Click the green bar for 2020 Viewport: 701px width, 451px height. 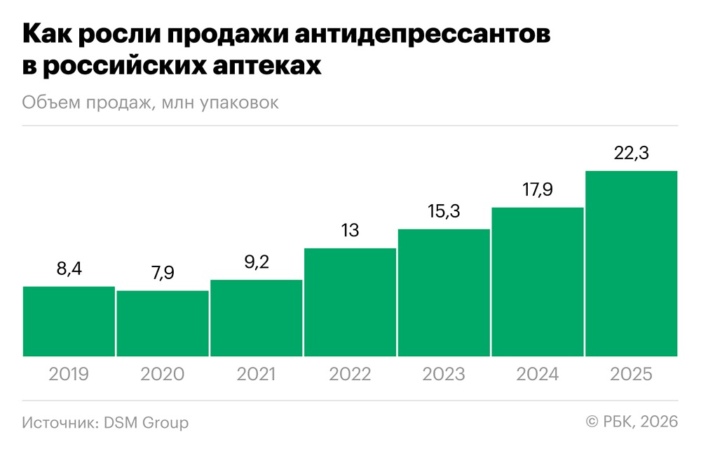click(163, 323)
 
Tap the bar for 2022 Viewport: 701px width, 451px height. click(350, 302)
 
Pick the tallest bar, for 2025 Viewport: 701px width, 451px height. click(631, 264)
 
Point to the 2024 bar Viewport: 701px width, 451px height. click(538, 282)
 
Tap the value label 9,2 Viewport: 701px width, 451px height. click(256, 263)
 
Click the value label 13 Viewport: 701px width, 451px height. click(350, 231)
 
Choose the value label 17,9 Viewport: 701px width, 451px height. click(538, 190)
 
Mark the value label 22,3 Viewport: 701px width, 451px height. click(631, 154)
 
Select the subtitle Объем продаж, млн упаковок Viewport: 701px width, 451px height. click(150, 102)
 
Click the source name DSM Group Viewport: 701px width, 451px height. click(146, 422)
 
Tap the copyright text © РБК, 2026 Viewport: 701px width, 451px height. click(632, 422)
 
